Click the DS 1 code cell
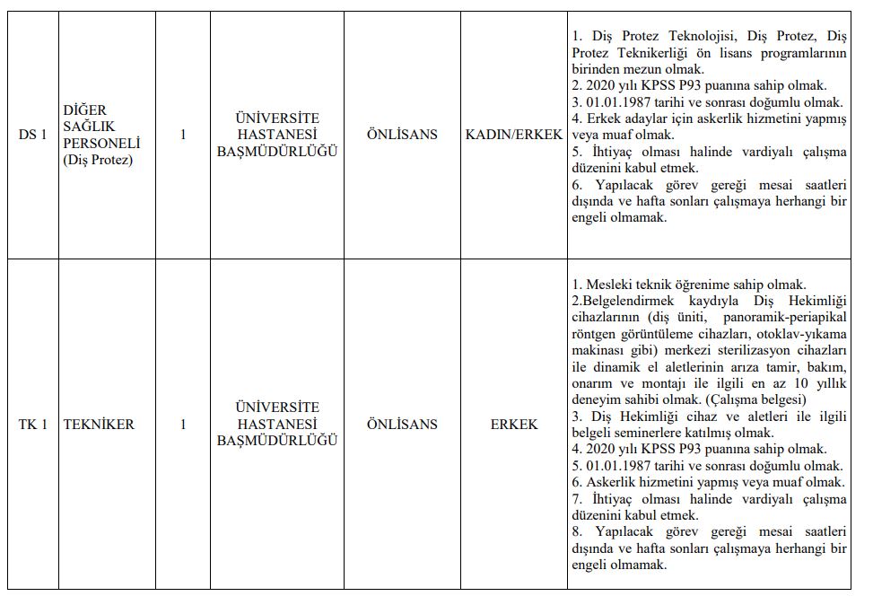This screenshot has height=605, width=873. pos(33,135)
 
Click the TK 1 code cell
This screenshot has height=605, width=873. pos(33,424)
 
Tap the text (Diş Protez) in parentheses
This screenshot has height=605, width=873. pos(98,160)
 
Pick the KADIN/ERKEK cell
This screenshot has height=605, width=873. pos(514,135)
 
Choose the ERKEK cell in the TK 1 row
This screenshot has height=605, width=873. pos(514,424)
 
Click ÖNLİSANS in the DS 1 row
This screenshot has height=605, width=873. pos(402,135)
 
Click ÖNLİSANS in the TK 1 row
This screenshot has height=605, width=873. pos(402,424)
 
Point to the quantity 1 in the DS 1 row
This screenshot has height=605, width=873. pos(183,135)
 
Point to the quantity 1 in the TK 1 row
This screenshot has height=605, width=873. pos(183,424)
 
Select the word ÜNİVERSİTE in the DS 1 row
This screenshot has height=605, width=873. pos(276,118)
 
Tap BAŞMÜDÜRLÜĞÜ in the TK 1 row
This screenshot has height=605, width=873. pos(277,441)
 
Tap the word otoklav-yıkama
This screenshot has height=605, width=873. pos(801,335)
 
